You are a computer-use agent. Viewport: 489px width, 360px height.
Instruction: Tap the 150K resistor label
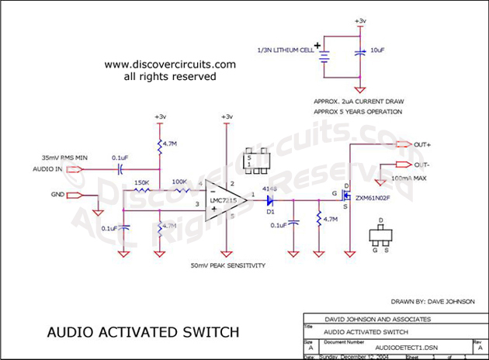coord(141,183)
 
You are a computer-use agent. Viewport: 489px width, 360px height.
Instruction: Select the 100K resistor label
coord(180,183)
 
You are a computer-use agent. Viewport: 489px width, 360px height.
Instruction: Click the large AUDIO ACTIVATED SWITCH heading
coord(144,333)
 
